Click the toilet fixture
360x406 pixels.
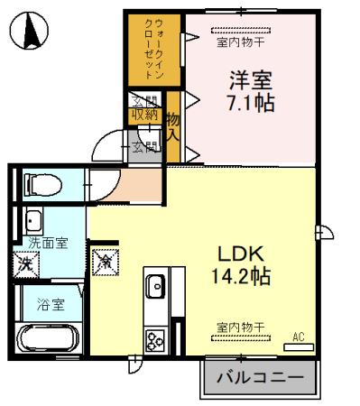[x=41, y=186]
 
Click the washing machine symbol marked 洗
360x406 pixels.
[x=24, y=265]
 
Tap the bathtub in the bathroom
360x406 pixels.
[x=51, y=338]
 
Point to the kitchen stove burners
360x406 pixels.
[x=153, y=340]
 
